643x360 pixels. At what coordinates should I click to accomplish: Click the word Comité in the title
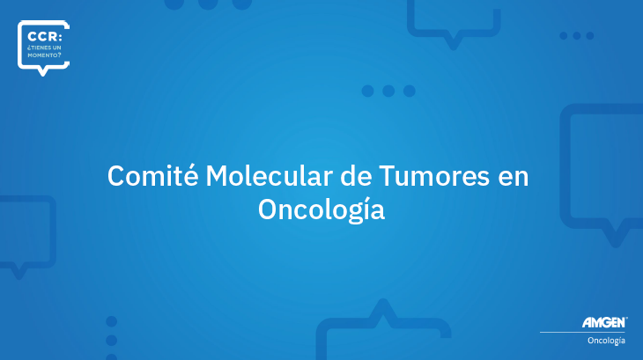[153, 176]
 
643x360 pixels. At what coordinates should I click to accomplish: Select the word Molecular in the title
[269, 176]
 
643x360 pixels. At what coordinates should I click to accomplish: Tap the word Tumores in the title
[434, 176]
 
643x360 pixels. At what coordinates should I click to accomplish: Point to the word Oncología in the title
[321, 209]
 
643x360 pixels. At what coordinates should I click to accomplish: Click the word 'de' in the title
[356, 176]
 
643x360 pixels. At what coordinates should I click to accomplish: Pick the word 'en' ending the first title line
[514, 178]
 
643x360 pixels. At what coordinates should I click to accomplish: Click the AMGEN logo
[604, 322]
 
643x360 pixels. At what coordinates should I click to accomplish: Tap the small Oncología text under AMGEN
[606, 341]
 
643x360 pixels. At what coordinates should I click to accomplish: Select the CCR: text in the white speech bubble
[45, 37]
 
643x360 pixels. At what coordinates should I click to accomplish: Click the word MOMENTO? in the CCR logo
[44, 55]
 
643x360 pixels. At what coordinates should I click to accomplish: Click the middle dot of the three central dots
[388, 91]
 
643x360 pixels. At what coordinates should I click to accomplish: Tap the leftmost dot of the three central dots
[368, 91]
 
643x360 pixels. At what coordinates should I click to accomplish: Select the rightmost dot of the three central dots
[410, 91]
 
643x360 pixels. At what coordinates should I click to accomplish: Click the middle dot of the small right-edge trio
[577, 35]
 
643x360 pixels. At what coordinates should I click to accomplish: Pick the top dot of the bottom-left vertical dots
[112, 321]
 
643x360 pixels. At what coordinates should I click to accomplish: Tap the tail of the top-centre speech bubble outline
[453, 42]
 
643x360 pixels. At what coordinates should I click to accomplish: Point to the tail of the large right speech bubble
[615, 236]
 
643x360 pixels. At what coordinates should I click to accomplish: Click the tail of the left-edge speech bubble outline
[18, 272]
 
